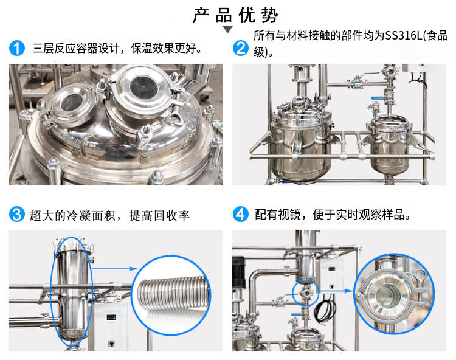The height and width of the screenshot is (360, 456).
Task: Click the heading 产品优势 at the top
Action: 235,15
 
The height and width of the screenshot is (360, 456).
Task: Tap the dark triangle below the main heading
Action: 228,29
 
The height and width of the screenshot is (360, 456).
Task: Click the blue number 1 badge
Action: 17,48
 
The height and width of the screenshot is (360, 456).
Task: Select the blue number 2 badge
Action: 241,48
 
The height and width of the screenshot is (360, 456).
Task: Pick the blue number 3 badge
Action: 17,214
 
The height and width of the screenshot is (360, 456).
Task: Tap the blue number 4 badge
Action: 241,214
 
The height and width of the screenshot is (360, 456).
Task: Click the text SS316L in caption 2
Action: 403,35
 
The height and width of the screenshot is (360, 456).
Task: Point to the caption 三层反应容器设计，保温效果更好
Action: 117,48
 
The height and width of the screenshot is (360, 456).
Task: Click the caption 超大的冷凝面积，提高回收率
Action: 109,215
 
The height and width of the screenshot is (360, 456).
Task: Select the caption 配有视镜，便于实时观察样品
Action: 333,215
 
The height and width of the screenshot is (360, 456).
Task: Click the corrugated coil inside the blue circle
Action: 174,293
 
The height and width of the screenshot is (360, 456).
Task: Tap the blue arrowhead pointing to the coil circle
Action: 133,269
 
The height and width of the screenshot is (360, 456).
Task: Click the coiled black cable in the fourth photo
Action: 325,310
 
